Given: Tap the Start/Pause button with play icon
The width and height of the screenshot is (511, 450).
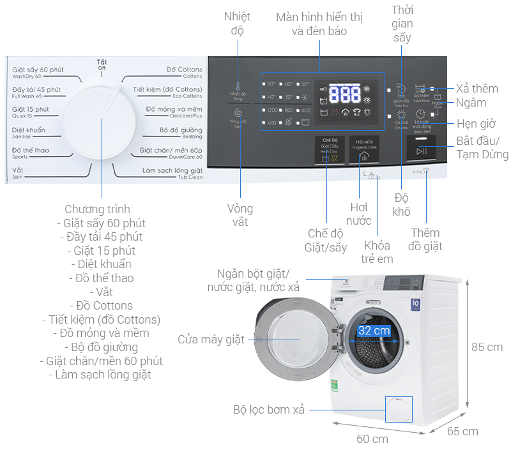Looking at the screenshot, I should tap(421, 151).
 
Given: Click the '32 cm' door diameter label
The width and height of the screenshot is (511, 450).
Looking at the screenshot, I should tap(374, 331).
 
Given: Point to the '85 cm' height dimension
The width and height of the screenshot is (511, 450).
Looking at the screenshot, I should tap(486, 347).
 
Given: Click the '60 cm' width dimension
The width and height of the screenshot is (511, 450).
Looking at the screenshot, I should tap(372, 439).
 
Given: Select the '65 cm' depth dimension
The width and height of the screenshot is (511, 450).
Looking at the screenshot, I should tap(462, 431).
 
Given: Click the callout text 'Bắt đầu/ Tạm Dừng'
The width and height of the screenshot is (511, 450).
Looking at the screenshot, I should tap(482, 147).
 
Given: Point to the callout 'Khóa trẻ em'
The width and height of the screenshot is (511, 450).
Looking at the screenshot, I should tap(378, 252).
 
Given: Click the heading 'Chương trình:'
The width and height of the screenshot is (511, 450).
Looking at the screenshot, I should tap(99, 209).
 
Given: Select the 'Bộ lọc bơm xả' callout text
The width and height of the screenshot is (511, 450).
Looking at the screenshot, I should tap(268, 410).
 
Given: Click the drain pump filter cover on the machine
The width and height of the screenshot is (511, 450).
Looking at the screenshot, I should tap(399, 409).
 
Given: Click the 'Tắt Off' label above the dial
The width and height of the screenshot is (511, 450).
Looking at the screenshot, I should tap(102, 64).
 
